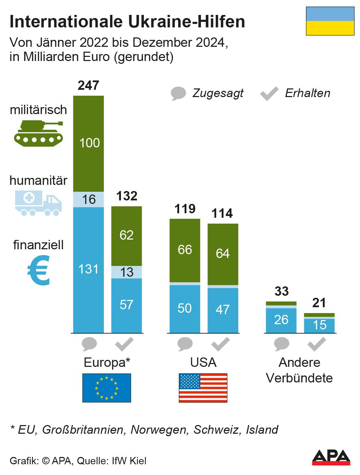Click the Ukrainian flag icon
[x=330, y=21]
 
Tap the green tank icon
[x=38, y=133]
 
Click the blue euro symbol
[x=39, y=270]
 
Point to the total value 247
[x=88, y=85]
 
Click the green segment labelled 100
[x=88, y=143]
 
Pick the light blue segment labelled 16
[x=88, y=199]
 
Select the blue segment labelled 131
[x=88, y=269]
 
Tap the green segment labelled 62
[x=126, y=235]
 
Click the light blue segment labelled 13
[x=126, y=272]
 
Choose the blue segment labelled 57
[x=126, y=305]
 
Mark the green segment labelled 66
[x=185, y=250]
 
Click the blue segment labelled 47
[x=223, y=310]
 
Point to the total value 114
[x=222, y=213]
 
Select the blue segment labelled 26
[x=281, y=320]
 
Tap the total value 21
[x=319, y=303]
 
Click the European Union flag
[x=107, y=388]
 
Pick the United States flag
[x=203, y=388]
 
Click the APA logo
[x=331, y=457]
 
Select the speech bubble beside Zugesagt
[x=178, y=94]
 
